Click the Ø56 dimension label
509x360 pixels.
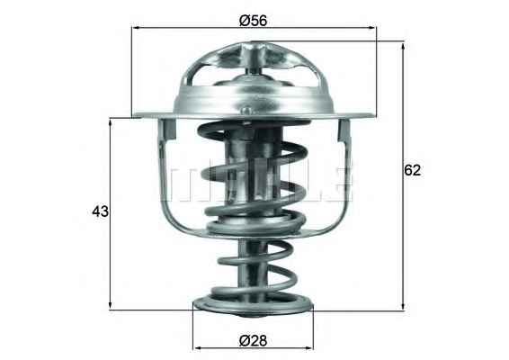[x=254, y=21]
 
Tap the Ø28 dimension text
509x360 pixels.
[x=254, y=341]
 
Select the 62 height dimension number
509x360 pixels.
[x=412, y=170]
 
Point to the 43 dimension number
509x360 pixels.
[x=101, y=211]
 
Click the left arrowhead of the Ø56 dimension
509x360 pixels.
[x=136, y=28]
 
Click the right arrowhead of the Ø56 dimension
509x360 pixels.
[x=372, y=28]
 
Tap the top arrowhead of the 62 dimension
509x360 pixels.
[x=403, y=47]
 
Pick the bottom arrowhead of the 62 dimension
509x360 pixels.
[x=403, y=305]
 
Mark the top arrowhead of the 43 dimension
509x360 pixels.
[x=111, y=122]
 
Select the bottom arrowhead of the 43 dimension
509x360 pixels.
[x=111, y=305]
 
